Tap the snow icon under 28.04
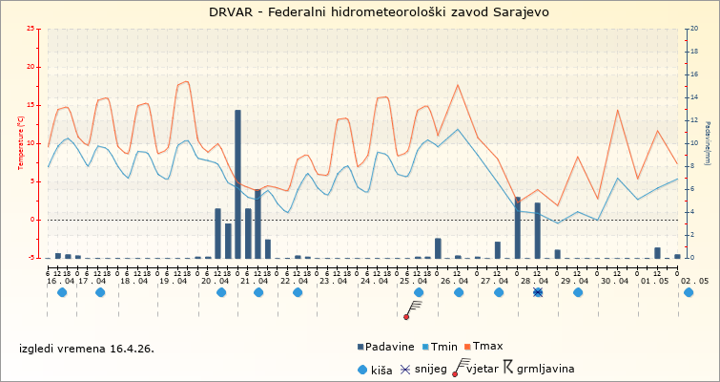pyautogui.click(x=538, y=292)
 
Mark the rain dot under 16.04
pyautogui.click(x=62, y=292)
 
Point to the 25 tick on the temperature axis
pyautogui.click(x=31, y=29)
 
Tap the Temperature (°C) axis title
pyautogui.click(x=21, y=143)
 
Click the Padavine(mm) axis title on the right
pyautogui.click(x=708, y=143)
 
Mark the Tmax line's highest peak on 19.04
pyautogui.click(x=187, y=81)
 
